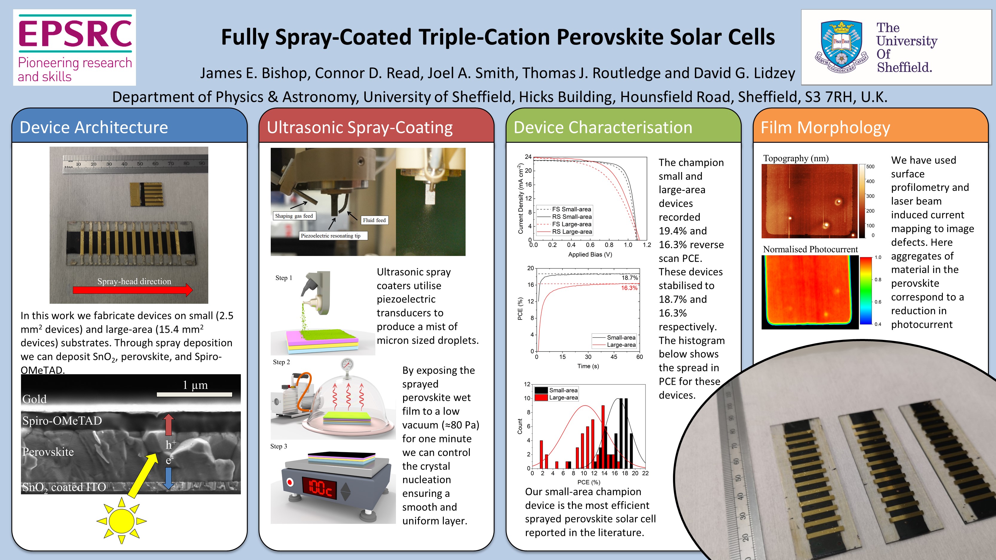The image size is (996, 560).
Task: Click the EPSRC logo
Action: click(75, 47)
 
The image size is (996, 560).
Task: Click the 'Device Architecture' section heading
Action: click(94, 128)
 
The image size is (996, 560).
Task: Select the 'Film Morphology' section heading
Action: click(825, 128)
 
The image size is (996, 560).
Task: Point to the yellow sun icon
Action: click(121, 520)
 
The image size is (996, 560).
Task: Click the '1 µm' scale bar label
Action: click(195, 385)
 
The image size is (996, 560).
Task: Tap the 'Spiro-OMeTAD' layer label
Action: click(62, 421)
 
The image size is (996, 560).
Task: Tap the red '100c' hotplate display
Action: click(319, 488)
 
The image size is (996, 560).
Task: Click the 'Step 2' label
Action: click(281, 362)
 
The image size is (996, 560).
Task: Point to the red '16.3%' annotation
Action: click(629, 288)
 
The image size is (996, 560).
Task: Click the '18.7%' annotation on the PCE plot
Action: click(629, 278)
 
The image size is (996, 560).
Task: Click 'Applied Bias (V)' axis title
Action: click(590, 254)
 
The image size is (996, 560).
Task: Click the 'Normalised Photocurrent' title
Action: click(810, 249)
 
